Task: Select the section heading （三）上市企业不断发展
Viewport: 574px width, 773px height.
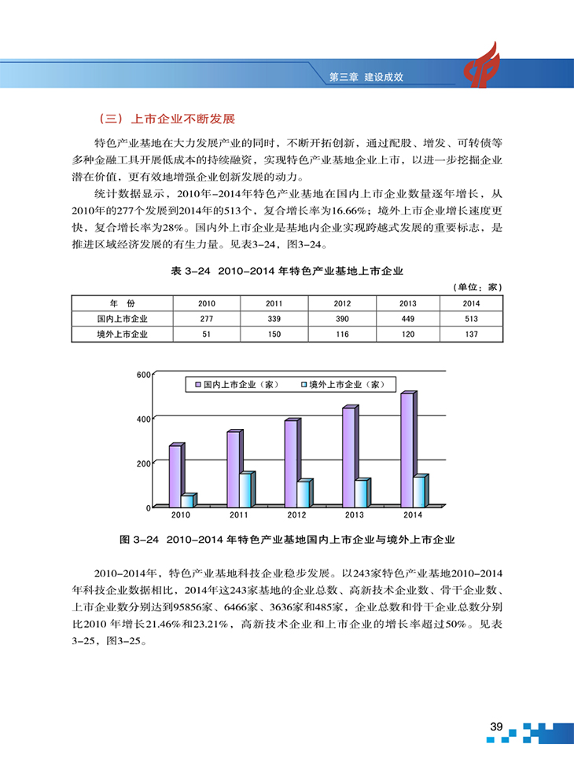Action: tap(164, 120)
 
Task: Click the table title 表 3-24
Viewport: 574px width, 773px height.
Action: tap(287, 271)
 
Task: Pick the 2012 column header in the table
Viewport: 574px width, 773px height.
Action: tap(342, 303)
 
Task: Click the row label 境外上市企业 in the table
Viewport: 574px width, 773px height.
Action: tap(122, 334)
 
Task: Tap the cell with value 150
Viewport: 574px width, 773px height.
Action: tap(274, 334)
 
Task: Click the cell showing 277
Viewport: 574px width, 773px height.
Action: tap(207, 319)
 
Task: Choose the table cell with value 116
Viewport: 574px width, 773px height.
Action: tap(342, 334)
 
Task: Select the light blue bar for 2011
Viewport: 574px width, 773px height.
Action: tap(245, 489)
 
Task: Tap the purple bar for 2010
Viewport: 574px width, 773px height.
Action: tap(175, 476)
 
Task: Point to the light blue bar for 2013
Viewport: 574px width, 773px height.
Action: tap(360, 493)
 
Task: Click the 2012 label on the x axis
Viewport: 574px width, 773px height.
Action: tap(296, 515)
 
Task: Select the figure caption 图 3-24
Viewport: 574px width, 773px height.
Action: tap(287, 540)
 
